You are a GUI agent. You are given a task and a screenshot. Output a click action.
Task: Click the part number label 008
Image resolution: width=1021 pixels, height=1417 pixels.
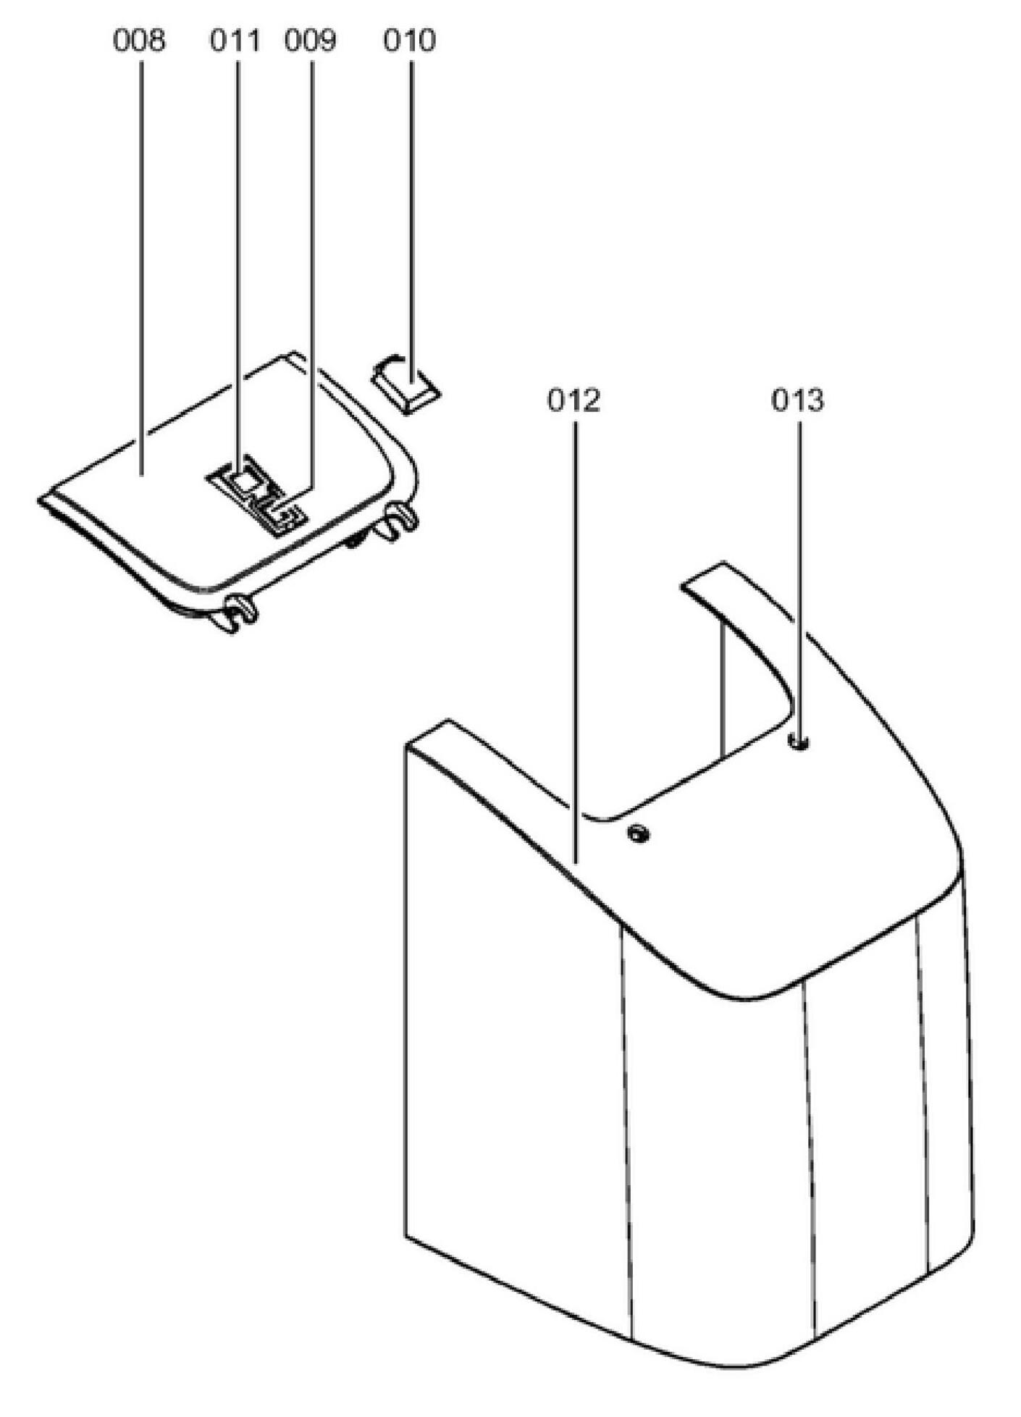139,41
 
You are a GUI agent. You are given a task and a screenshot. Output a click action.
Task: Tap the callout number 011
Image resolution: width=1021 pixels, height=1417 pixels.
235,41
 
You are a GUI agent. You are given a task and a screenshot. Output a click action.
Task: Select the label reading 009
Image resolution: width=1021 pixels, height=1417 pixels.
311,41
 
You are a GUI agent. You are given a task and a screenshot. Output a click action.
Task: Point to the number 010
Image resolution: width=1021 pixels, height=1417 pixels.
410,41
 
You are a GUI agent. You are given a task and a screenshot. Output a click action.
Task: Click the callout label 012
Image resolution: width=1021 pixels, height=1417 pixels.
574,400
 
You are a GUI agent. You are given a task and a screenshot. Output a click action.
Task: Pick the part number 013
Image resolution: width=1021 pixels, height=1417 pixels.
798,400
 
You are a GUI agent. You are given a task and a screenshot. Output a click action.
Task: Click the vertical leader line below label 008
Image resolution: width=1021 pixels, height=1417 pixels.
141,253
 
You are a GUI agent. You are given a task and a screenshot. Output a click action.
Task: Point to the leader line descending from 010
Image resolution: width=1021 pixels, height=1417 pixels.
412,217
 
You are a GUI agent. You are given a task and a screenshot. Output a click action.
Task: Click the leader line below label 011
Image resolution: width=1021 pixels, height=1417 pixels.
238,253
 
